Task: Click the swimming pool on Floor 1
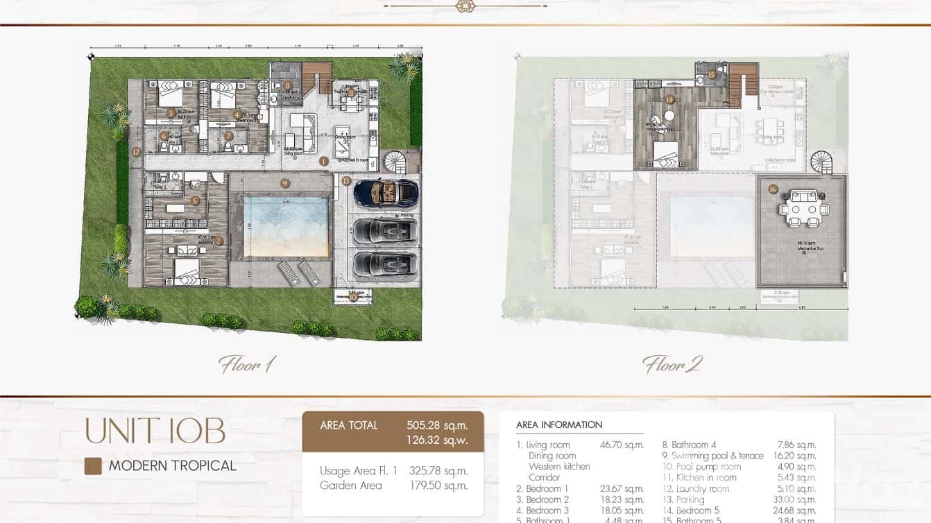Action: click(287, 227)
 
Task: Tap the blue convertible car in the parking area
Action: click(385, 193)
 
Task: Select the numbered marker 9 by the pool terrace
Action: click(284, 183)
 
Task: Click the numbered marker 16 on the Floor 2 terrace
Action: click(772, 189)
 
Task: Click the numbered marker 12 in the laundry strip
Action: click(137, 151)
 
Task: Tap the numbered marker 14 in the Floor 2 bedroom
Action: click(669, 99)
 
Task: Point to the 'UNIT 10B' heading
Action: click(155, 431)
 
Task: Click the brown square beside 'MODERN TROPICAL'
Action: click(93, 466)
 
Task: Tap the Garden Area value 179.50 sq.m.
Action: click(437, 486)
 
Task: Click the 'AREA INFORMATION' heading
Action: click(559, 425)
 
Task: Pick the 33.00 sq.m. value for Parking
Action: click(796, 499)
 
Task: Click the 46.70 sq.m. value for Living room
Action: click(622, 445)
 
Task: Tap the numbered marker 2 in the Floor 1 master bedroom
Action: click(219, 241)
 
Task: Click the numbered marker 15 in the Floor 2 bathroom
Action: click(710, 75)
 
